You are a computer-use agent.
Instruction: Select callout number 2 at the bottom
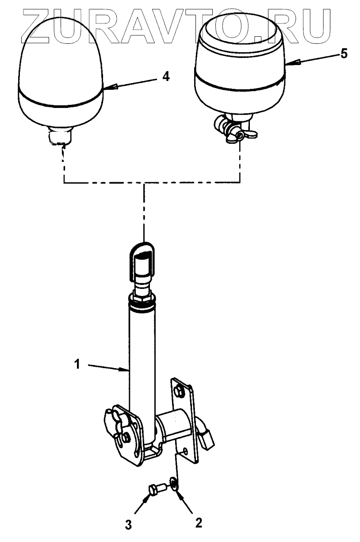199,523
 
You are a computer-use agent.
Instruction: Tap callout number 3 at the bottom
129,525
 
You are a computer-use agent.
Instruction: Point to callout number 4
165,77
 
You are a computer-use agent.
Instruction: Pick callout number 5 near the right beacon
344,54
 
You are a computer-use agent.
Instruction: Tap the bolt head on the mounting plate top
179,392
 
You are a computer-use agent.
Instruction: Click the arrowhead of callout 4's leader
106,86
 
